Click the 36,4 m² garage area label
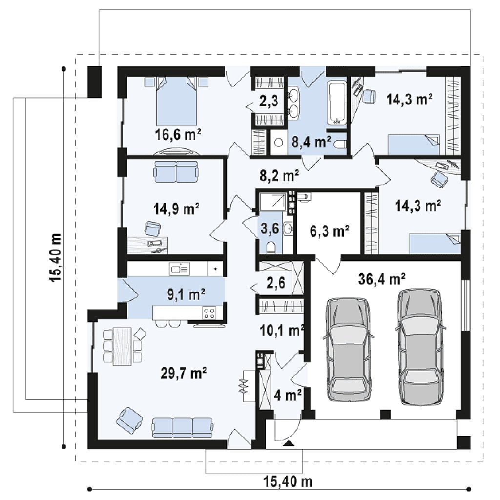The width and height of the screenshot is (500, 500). (x=382, y=279)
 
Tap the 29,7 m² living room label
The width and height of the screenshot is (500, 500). (x=184, y=373)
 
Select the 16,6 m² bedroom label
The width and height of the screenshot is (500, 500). (x=178, y=134)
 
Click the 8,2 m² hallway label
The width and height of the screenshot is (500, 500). (x=279, y=175)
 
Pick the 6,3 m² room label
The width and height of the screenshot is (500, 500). (x=330, y=231)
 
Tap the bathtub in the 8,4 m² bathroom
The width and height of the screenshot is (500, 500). (x=337, y=103)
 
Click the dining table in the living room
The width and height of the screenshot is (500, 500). (x=123, y=346)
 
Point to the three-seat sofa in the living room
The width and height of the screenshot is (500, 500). (x=183, y=428)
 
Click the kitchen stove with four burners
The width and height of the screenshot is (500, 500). (x=209, y=312)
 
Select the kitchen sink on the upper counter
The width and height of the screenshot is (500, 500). (x=180, y=269)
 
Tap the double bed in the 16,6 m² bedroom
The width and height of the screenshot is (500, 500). (x=176, y=101)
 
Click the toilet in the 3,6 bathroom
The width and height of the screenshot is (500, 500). (x=271, y=247)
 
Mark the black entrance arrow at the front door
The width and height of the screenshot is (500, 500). (x=289, y=443)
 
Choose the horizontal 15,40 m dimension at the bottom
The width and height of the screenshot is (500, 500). (x=288, y=481)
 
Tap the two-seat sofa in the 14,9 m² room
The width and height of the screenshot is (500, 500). (x=176, y=171)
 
